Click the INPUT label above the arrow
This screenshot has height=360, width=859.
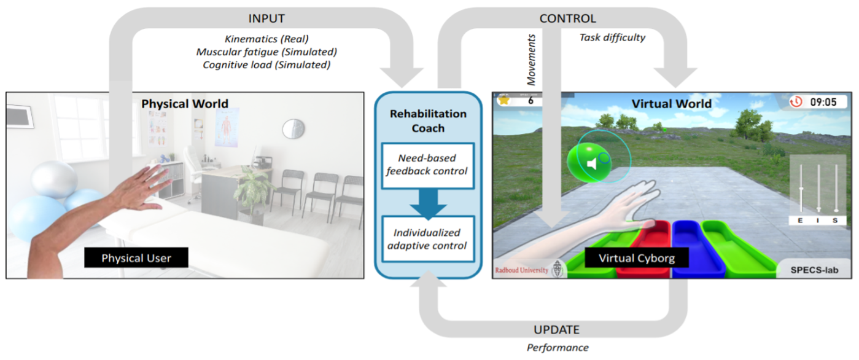[x=266, y=18]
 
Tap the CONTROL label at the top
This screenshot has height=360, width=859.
[x=567, y=18]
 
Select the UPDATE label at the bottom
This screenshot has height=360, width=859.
[x=556, y=329]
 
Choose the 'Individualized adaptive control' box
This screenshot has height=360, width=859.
[x=428, y=240]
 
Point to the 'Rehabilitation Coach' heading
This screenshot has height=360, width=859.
[x=428, y=120]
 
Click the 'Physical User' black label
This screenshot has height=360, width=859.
[x=136, y=257]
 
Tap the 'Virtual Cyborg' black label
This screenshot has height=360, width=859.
[x=637, y=257]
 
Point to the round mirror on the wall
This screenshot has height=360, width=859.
[x=293, y=128]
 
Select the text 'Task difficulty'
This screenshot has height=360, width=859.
[x=612, y=37]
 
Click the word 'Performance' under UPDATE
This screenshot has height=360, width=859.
[x=558, y=347]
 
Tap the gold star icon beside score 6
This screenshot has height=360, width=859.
[x=505, y=100]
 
